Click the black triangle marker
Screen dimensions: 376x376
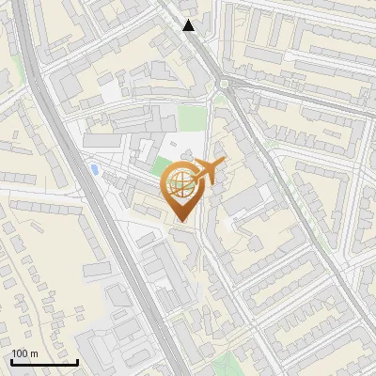point(190,25)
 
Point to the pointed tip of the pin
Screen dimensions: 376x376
point(180,222)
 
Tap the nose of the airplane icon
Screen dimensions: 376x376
point(224,164)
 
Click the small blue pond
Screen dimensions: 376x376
point(95,169)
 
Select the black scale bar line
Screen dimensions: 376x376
point(44,362)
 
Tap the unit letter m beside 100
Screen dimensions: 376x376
point(34,353)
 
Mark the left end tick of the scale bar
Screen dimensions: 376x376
point(12,360)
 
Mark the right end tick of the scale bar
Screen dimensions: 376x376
point(77,360)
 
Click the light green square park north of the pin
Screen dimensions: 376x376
point(191,117)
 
